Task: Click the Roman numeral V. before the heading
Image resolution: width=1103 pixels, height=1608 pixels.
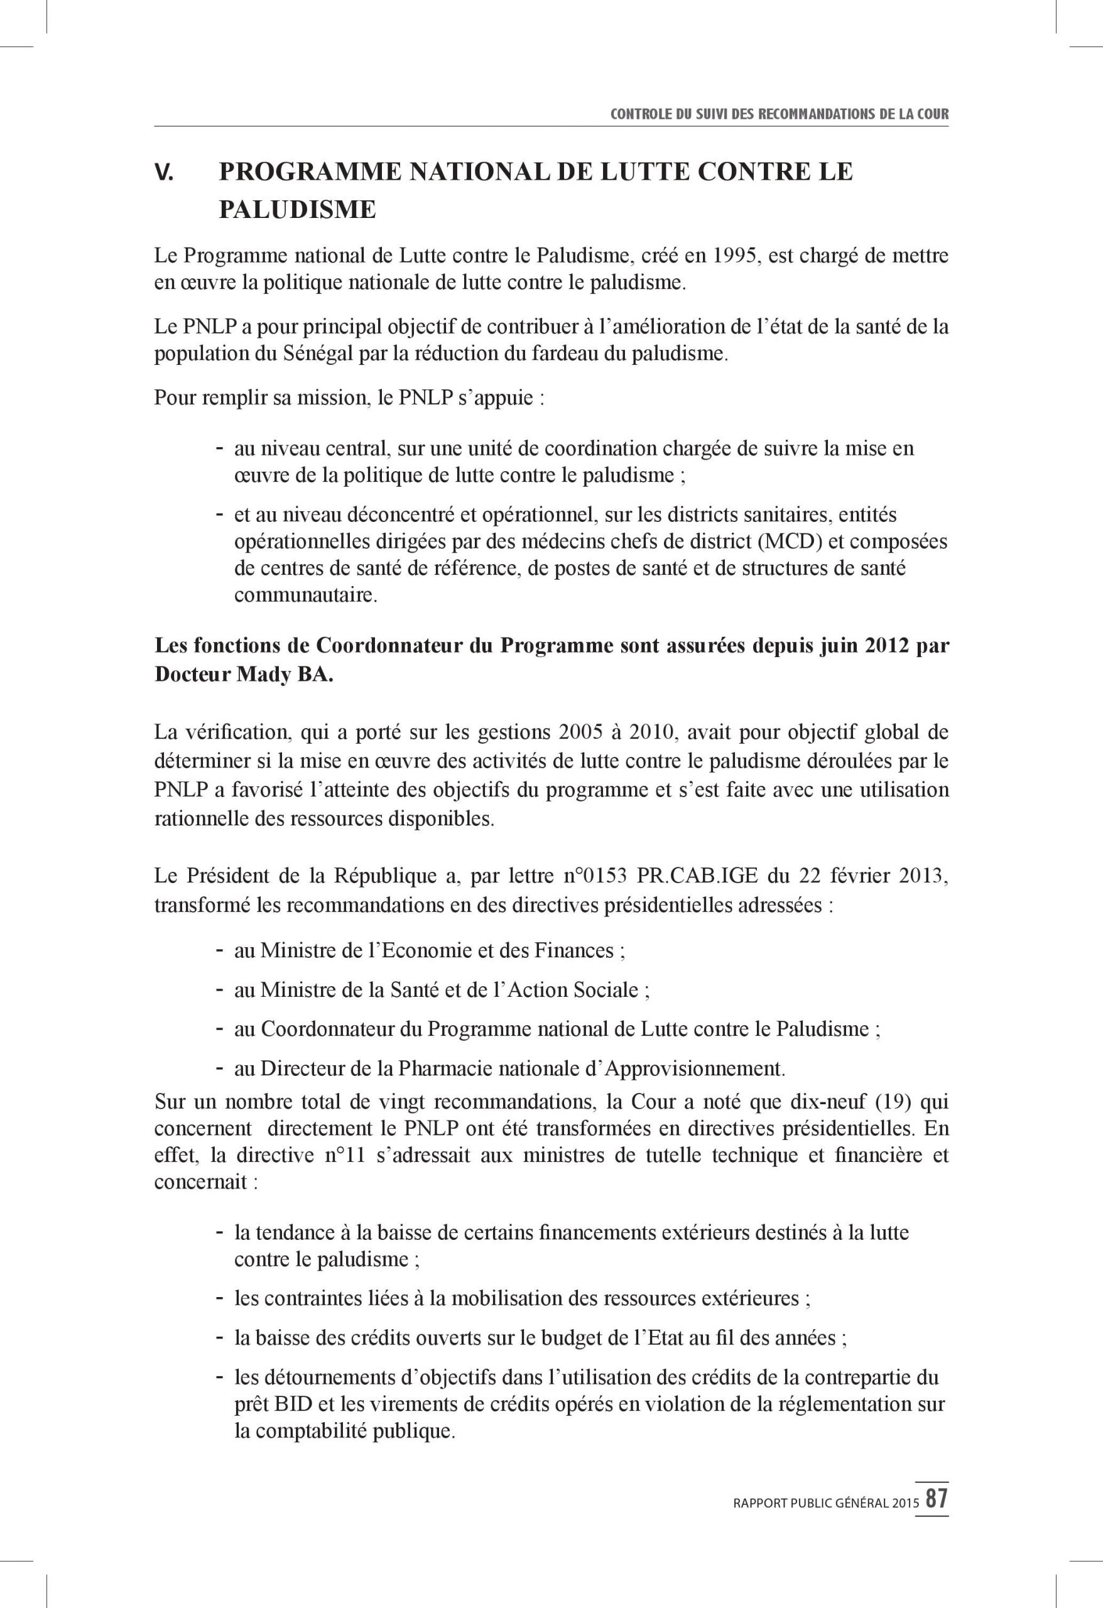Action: [164, 173]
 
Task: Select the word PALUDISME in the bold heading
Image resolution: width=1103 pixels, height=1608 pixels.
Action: [298, 210]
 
